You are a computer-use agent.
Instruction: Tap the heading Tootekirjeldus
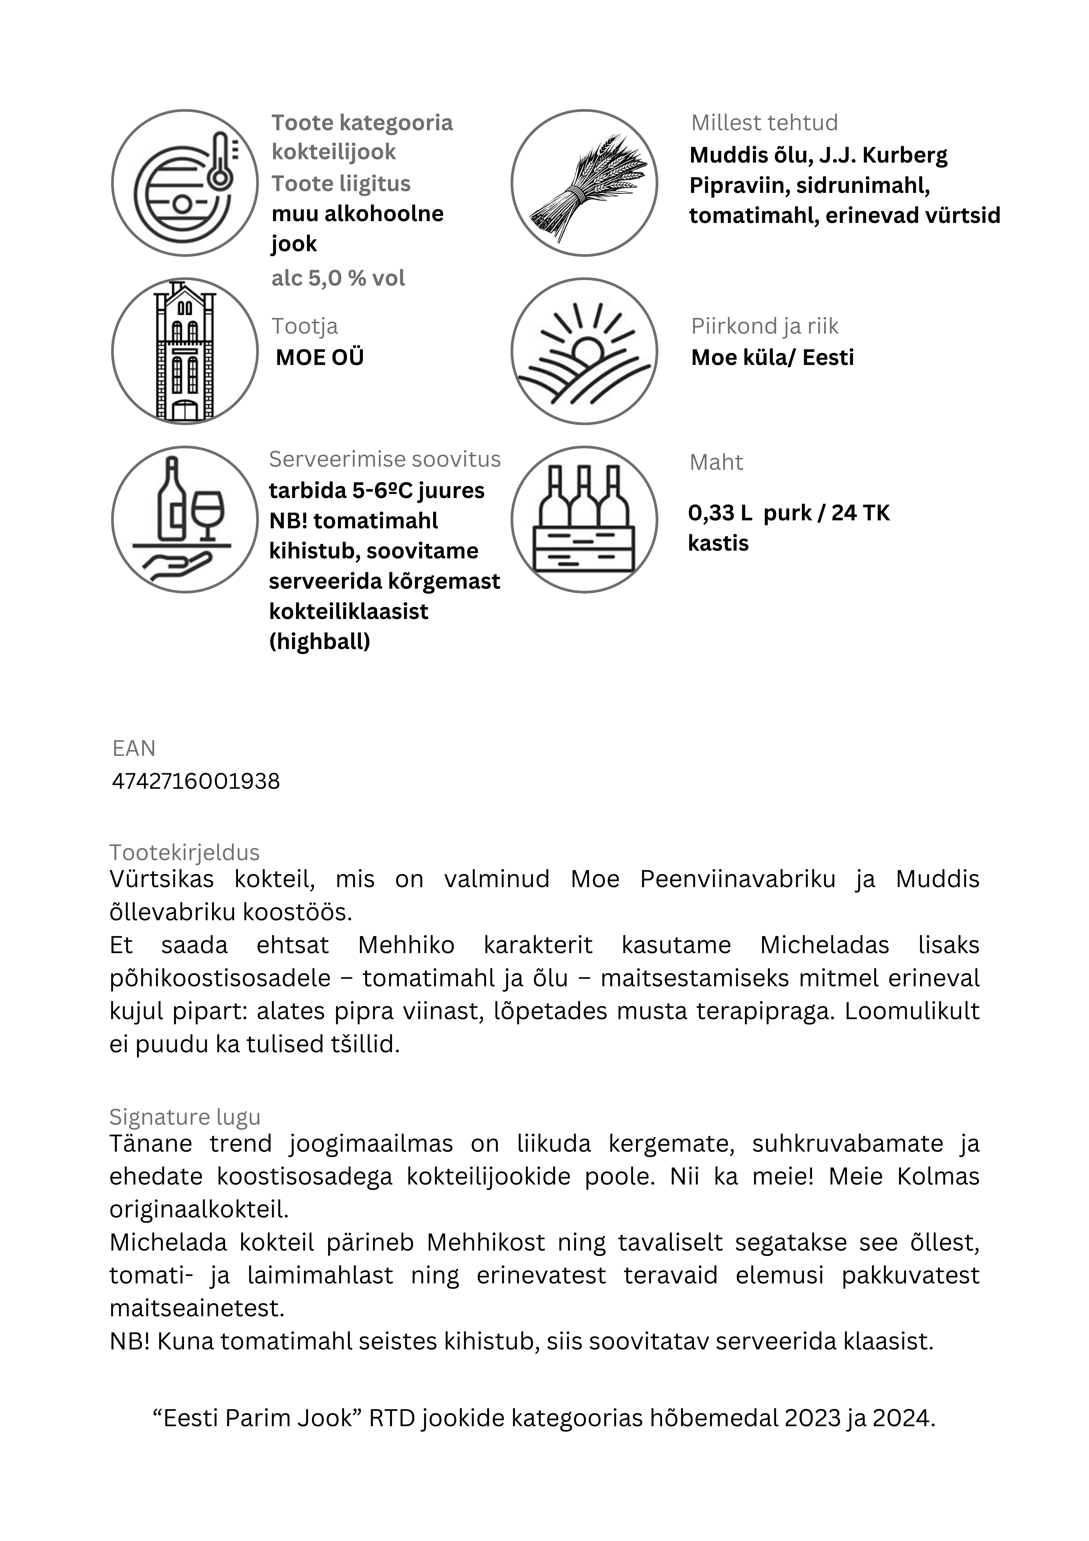[x=185, y=852]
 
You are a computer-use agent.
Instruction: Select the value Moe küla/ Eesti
[x=772, y=357]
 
